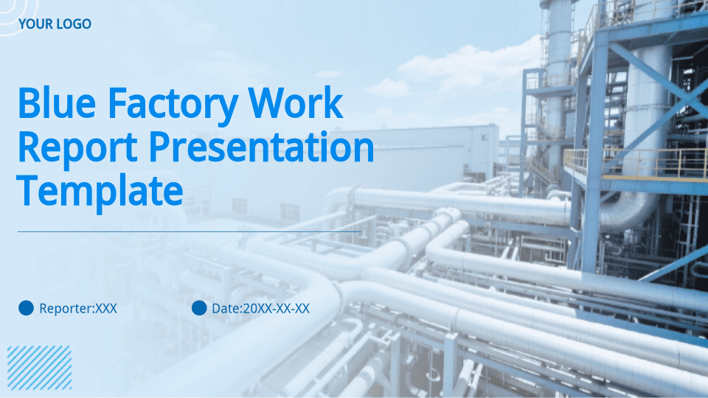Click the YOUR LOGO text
pyautogui.click(x=55, y=24)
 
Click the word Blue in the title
pyautogui.click(x=57, y=103)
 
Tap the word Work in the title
pyautogui.click(x=296, y=103)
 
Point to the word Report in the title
pyautogui.click(x=77, y=148)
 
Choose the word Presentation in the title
pyautogui.click(x=261, y=148)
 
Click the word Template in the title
pyautogui.click(x=100, y=192)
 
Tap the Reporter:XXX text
pyautogui.click(x=78, y=309)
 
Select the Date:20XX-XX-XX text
pyautogui.click(x=260, y=309)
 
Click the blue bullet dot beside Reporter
pyautogui.click(x=27, y=308)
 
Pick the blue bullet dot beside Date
pyautogui.click(x=199, y=308)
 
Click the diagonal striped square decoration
pyautogui.click(x=39, y=368)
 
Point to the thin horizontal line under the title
pyautogui.click(x=190, y=231)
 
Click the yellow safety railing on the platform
pyautogui.click(x=636, y=164)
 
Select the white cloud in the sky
pyautogui.click(x=456, y=72)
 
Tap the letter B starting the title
pyautogui.click(x=29, y=103)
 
